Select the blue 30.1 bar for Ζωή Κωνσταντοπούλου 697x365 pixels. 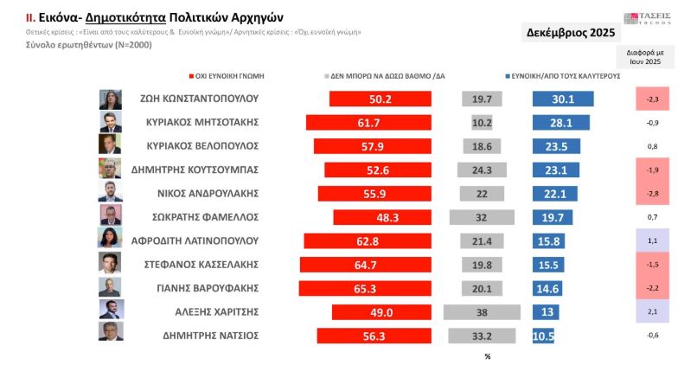[562, 99]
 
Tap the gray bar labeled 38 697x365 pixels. [478, 311]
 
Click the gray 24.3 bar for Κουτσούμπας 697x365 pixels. [483, 170]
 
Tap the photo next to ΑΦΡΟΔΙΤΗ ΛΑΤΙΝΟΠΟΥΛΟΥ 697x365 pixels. [112, 240]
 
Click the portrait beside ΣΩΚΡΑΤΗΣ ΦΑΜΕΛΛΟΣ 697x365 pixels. [112, 216]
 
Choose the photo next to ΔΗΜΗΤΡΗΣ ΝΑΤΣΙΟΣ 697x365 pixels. [112, 335]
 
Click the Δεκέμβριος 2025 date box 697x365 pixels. [571, 33]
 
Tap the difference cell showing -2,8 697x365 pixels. [653, 193]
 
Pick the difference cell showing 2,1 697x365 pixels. [653, 311]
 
